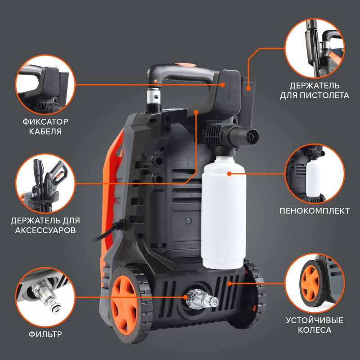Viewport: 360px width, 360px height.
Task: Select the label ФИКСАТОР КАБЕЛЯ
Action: point(45,126)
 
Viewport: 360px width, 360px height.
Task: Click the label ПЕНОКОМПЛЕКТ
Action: point(315,211)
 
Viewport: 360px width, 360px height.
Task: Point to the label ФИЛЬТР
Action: point(45,334)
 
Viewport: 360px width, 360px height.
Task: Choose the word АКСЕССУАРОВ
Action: point(45,230)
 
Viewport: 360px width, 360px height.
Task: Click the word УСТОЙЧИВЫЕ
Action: point(315,320)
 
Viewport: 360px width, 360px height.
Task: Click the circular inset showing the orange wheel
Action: point(315,283)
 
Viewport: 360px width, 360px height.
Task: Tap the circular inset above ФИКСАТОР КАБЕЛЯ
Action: point(45,85)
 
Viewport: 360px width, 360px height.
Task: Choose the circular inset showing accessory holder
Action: point(45,183)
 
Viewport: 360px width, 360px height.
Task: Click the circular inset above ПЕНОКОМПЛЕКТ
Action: point(315,174)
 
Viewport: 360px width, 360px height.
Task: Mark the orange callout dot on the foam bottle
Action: point(229,174)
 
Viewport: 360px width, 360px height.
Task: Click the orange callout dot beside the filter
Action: point(185,297)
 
